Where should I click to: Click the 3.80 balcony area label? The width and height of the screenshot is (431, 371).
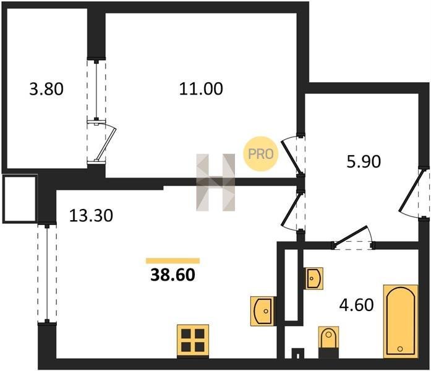(x=46, y=89)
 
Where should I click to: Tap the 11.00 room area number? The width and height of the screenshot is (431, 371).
(x=201, y=89)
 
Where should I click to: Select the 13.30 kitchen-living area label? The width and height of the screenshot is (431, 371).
(x=91, y=215)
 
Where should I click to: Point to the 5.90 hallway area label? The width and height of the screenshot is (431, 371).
(x=364, y=161)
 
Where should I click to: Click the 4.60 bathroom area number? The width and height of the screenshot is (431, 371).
(x=357, y=305)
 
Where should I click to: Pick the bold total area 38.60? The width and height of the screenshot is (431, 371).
(x=173, y=275)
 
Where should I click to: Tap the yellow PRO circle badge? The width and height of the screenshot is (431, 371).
(x=261, y=154)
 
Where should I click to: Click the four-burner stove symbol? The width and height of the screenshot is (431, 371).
(x=193, y=341)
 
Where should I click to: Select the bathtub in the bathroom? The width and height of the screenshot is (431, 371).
(x=401, y=322)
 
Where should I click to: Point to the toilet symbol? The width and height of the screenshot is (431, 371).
(x=328, y=341)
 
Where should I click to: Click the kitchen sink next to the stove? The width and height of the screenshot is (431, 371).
(x=262, y=311)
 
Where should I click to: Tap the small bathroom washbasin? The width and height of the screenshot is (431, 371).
(x=314, y=278)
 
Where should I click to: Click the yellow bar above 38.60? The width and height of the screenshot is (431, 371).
(x=173, y=261)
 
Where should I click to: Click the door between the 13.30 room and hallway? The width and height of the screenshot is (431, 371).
(x=292, y=210)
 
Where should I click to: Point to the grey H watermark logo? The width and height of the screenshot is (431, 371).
(x=215, y=182)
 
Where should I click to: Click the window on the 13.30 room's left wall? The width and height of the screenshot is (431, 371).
(x=47, y=273)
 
